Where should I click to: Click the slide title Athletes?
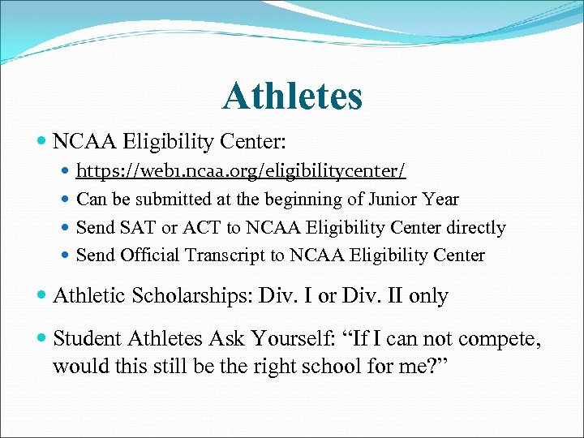(x=292, y=96)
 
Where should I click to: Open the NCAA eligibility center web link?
(x=241, y=171)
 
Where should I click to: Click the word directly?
(x=473, y=228)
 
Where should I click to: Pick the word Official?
(x=151, y=255)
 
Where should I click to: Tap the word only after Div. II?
(x=428, y=296)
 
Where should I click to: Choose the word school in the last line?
(x=312, y=365)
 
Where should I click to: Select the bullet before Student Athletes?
(x=41, y=337)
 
